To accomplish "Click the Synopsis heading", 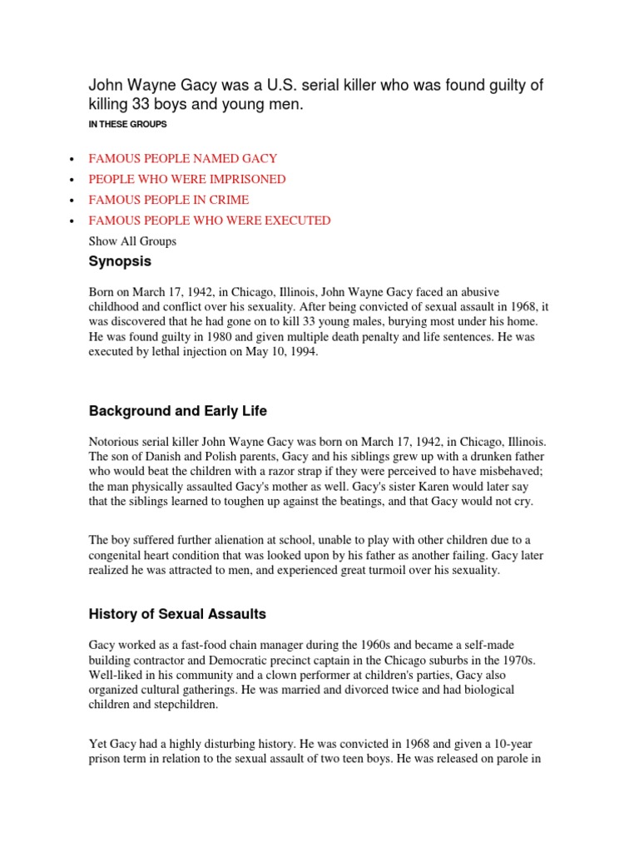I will click(120, 261).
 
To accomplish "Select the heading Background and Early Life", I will click(178, 411).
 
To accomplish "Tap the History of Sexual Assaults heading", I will click(177, 614).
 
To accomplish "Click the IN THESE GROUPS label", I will click(127, 124).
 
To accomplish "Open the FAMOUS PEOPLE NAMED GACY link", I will click(183, 158).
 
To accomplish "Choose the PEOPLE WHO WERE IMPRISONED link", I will click(187, 179).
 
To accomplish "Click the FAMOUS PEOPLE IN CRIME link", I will click(169, 200).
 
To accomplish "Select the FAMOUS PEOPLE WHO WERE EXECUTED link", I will click(210, 220).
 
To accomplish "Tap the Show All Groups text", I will click(132, 241).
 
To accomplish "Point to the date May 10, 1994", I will click(280, 352).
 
